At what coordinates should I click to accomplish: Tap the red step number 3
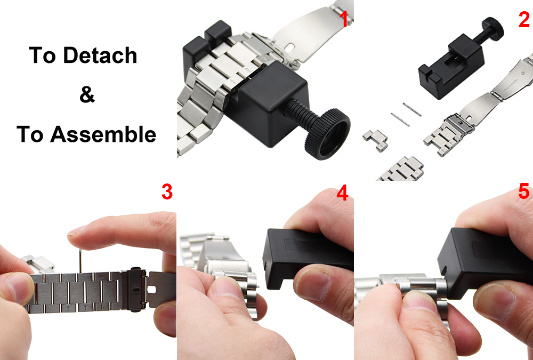[167, 192]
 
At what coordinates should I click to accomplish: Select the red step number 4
[342, 193]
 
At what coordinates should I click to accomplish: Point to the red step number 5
[524, 191]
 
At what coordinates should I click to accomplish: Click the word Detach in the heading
[100, 55]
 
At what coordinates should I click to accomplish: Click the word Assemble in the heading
[103, 134]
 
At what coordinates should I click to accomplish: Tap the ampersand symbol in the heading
[87, 94]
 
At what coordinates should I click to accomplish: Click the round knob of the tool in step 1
[327, 134]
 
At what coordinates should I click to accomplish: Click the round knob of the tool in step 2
[492, 28]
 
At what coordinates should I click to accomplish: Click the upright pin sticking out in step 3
[80, 261]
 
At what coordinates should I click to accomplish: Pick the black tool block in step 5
[485, 263]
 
